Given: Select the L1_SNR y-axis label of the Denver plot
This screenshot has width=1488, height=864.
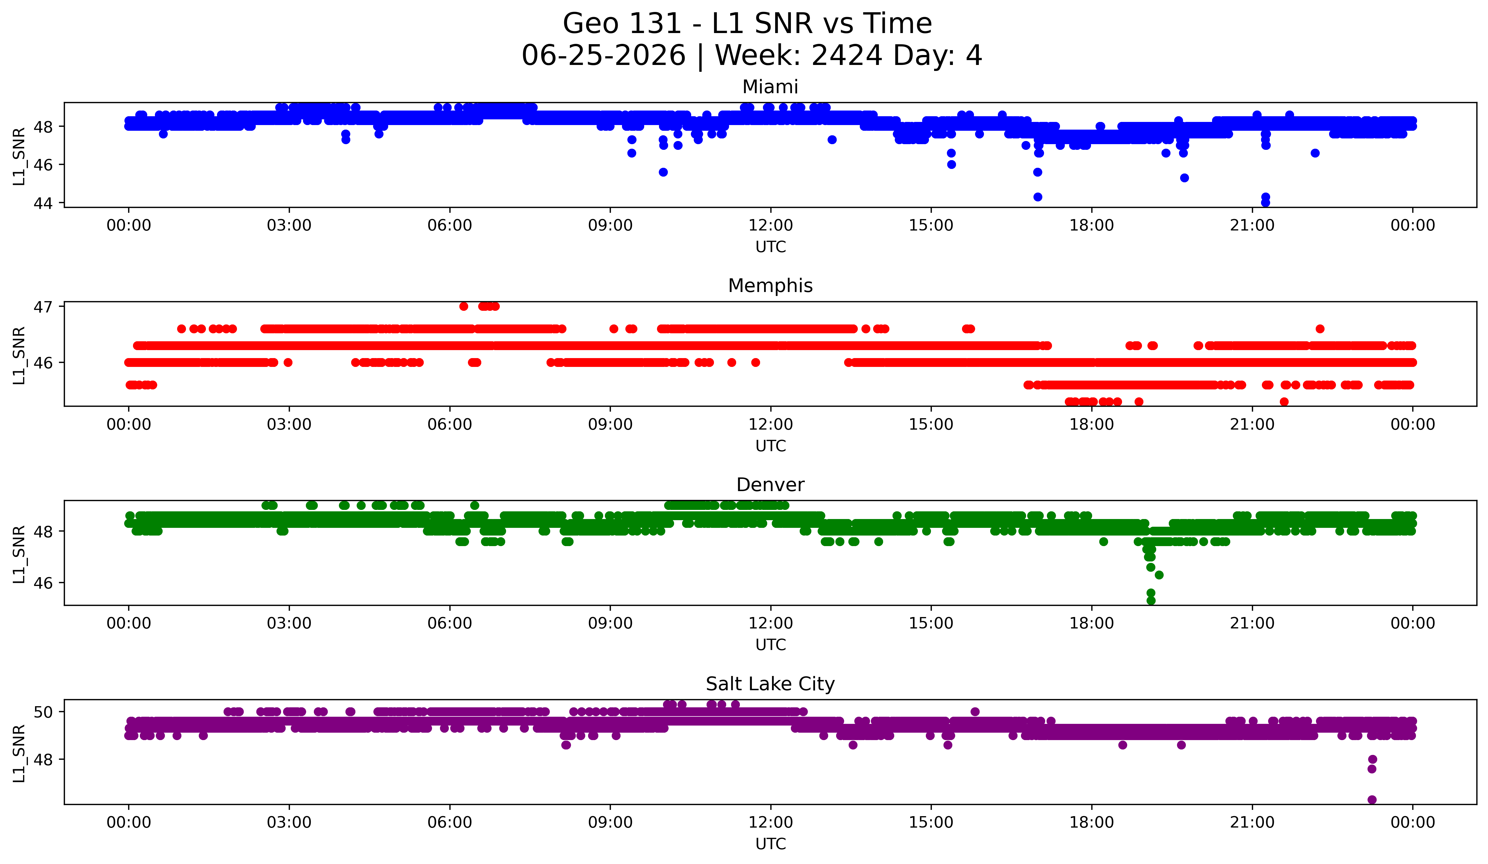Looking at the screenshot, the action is [x=19, y=554].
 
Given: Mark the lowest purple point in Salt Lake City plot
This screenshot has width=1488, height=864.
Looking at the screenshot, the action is [x=1372, y=800].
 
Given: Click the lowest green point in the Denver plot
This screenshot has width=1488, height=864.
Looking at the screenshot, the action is [x=1150, y=600].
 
